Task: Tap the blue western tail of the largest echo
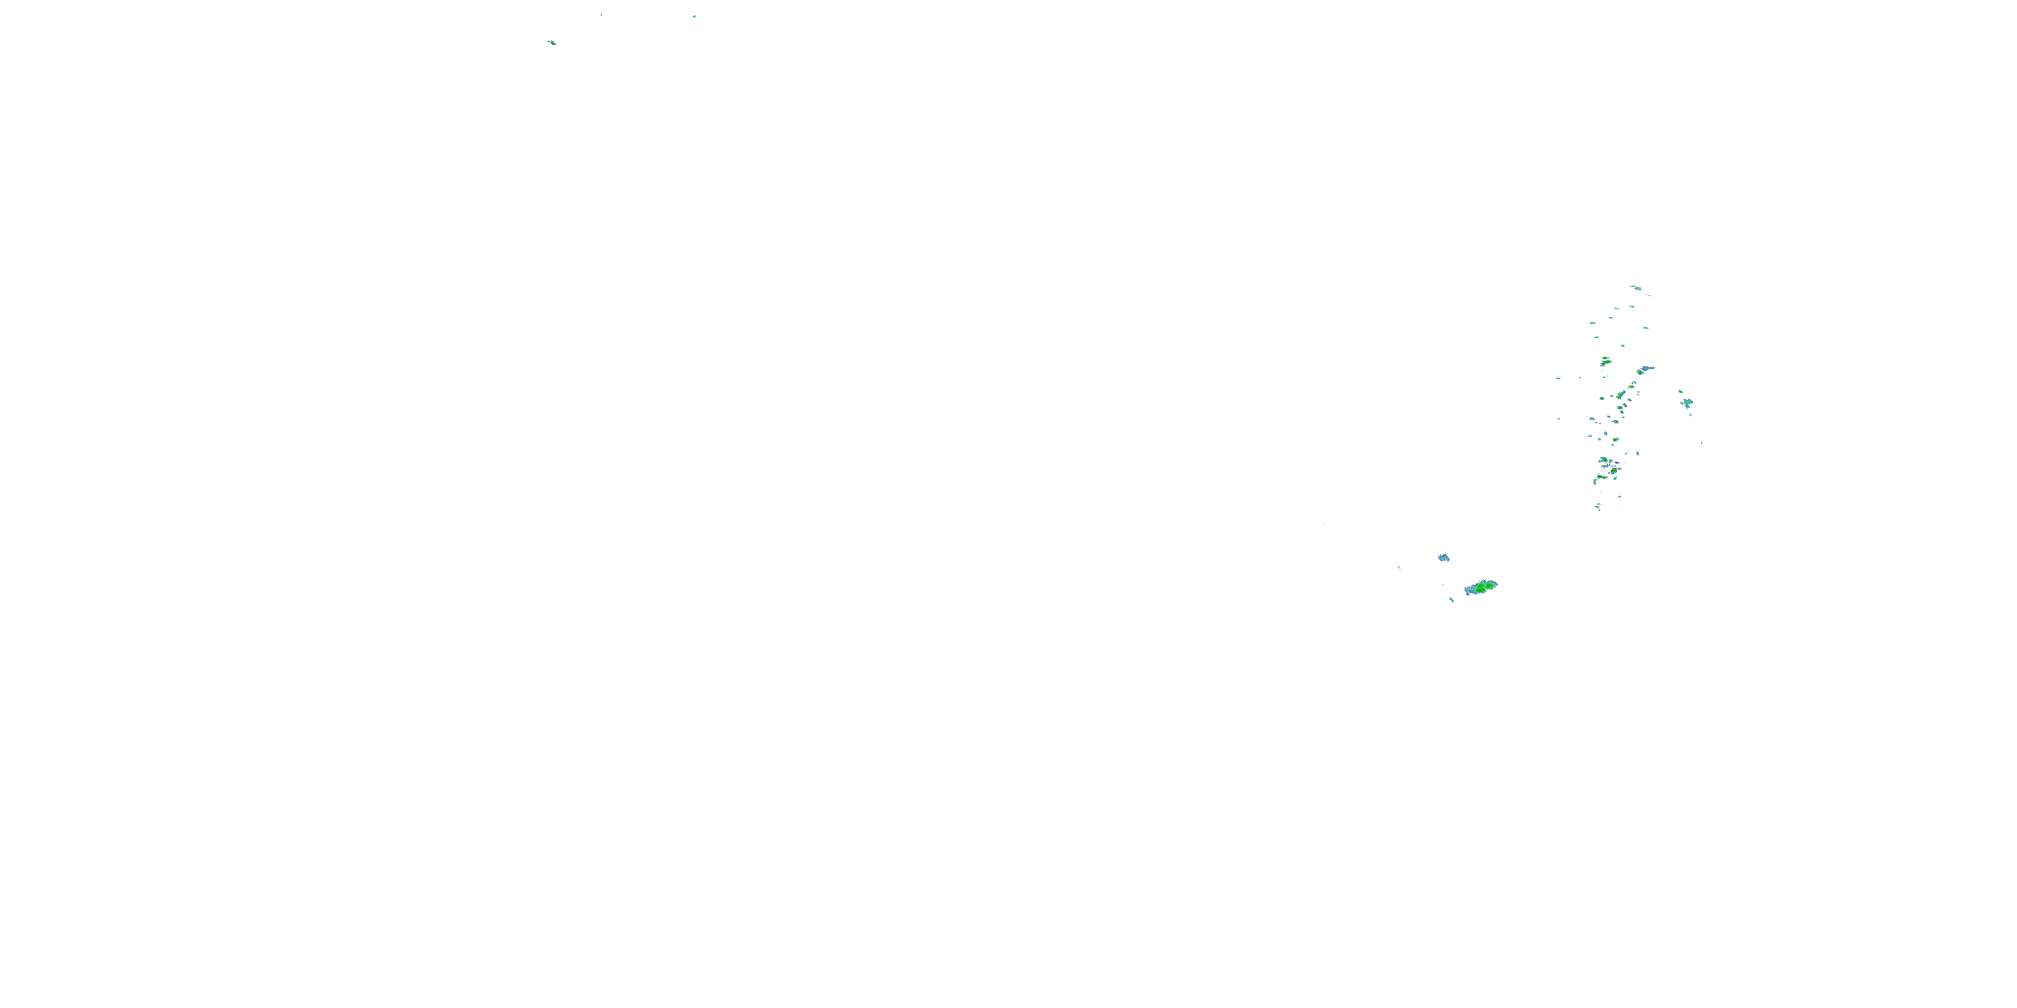tap(1470, 590)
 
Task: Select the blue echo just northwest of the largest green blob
tap(1443, 558)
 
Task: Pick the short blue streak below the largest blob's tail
tap(1451, 600)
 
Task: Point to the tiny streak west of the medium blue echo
tap(1398, 566)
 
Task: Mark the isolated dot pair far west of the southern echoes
tap(1324, 524)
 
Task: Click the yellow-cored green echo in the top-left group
tap(552, 42)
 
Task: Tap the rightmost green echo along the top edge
tap(694, 15)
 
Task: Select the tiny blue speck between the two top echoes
tap(600, 14)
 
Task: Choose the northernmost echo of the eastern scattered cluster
tap(1635, 287)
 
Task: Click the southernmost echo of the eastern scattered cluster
tap(1598, 508)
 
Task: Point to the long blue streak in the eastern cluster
tap(1647, 369)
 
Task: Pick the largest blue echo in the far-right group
tap(1687, 403)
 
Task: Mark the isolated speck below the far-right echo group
tap(1701, 443)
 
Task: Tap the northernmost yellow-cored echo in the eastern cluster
tap(1605, 361)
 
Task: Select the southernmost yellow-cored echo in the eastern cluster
tap(1604, 460)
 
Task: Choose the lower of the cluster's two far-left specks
tap(1558, 418)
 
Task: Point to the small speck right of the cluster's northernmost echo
tap(1650, 295)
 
